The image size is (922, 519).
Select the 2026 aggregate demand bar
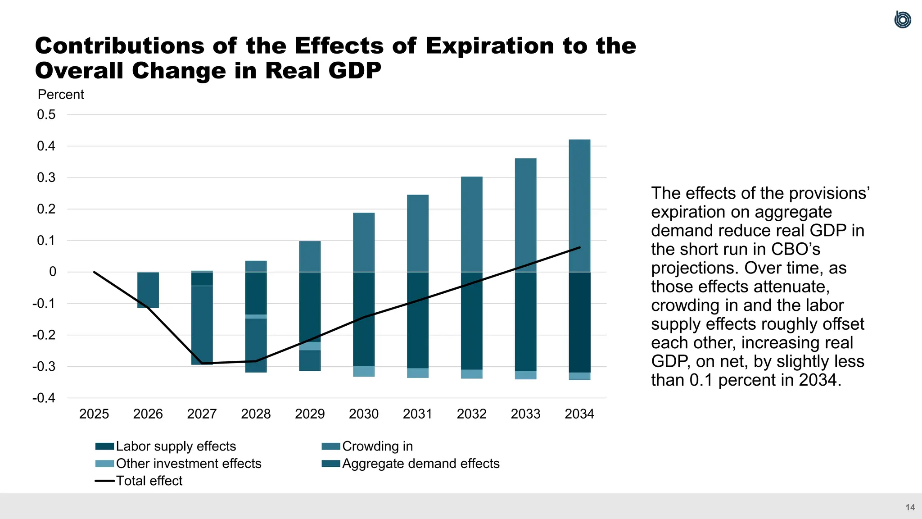(148, 290)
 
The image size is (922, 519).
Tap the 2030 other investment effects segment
(364, 371)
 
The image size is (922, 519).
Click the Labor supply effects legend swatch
(104, 446)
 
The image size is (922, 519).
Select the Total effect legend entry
(149, 481)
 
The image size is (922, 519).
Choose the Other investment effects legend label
(188, 464)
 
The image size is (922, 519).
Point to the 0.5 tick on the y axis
(46, 114)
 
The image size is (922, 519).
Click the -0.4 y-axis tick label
(44, 398)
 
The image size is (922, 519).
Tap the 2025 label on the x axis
(94, 414)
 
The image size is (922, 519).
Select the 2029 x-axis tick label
(310, 414)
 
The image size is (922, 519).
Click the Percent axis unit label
(61, 95)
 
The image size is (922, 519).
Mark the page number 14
(910, 507)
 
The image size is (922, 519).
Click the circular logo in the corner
(903, 20)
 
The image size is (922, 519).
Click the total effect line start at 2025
(94, 272)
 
